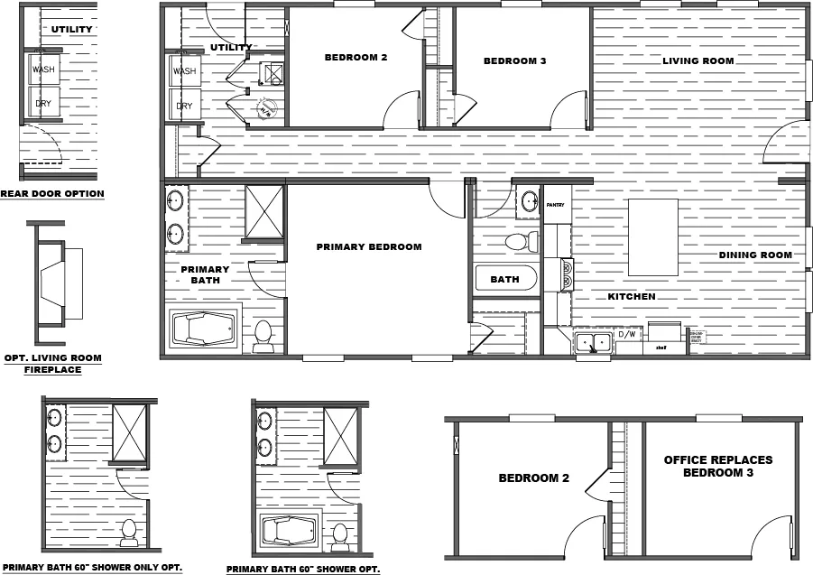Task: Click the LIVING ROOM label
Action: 698,61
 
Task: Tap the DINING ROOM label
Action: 754,255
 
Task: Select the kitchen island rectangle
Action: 653,237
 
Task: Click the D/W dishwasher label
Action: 626,335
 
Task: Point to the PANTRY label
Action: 555,206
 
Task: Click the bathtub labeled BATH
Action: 505,279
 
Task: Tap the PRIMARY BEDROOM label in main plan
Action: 368,246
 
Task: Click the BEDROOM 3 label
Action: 514,61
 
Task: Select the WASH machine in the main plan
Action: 184,71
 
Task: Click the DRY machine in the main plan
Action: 184,106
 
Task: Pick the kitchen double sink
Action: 593,341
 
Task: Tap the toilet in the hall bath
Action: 521,242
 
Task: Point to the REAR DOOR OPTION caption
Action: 52,193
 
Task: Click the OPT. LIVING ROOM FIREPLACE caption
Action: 53,364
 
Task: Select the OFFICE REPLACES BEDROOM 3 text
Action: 718,466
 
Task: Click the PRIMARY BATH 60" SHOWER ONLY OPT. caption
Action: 111,567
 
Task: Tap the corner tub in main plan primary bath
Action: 204,329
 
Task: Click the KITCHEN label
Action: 631,297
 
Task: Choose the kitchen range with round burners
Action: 567,274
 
